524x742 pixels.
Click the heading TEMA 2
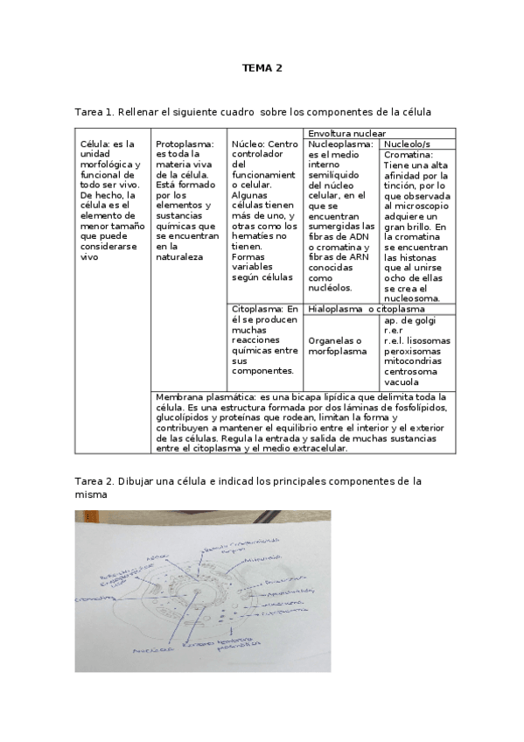tap(262, 67)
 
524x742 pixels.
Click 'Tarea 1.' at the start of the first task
tap(97, 112)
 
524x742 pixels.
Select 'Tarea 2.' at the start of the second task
tap(97, 481)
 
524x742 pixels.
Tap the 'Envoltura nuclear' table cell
tap(347, 133)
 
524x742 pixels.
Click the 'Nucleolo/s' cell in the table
tap(407, 143)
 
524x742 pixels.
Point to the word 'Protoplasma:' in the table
tap(185, 143)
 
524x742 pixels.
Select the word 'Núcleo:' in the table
tap(247, 143)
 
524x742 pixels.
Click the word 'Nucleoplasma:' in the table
tap(341, 143)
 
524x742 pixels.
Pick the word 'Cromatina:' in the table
tap(409, 154)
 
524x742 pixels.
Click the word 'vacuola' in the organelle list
tap(402, 381)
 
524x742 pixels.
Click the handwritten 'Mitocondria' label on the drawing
tap(262, 556)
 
